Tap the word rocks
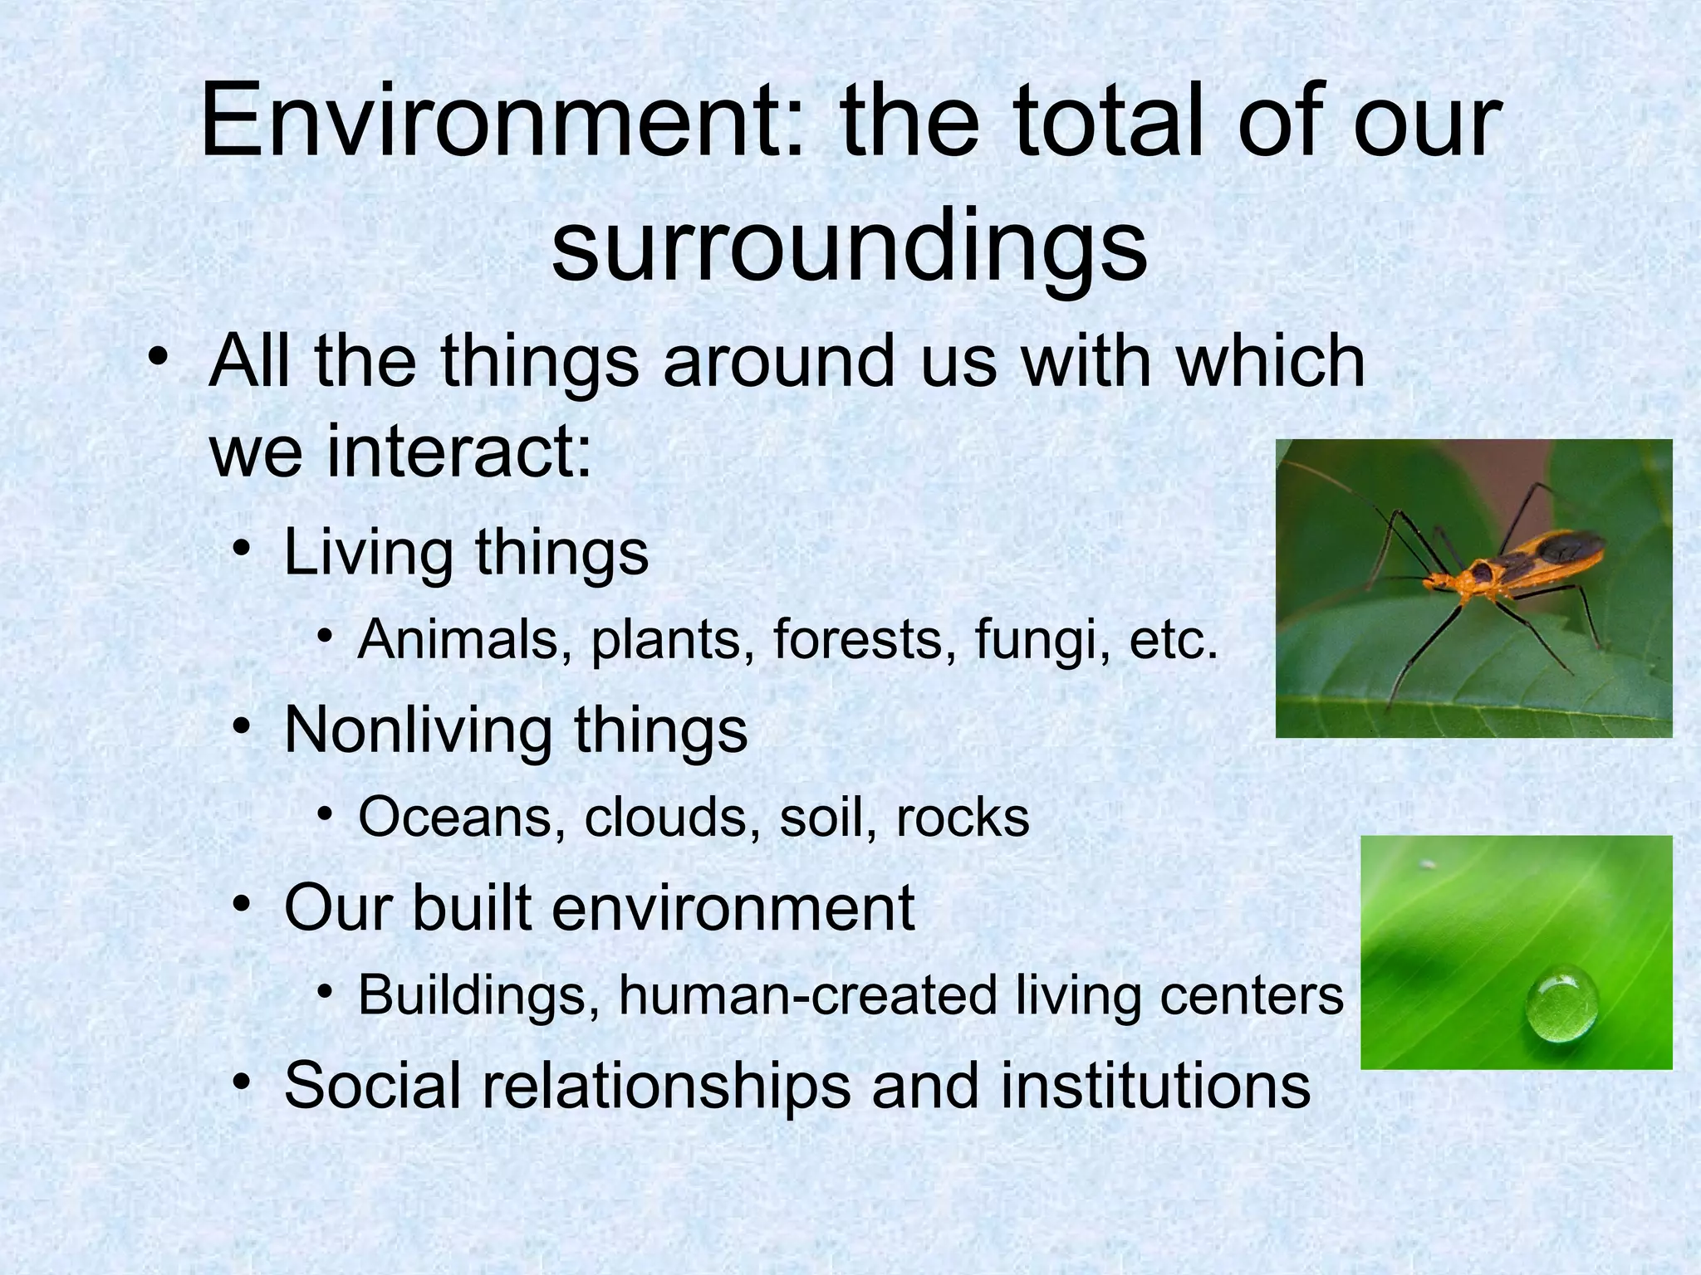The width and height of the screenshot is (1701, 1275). (963, 818)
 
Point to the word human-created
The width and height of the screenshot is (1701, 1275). (806, 995)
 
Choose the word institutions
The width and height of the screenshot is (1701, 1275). (1155, 1086)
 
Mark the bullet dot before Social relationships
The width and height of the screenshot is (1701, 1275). (242, 1082)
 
